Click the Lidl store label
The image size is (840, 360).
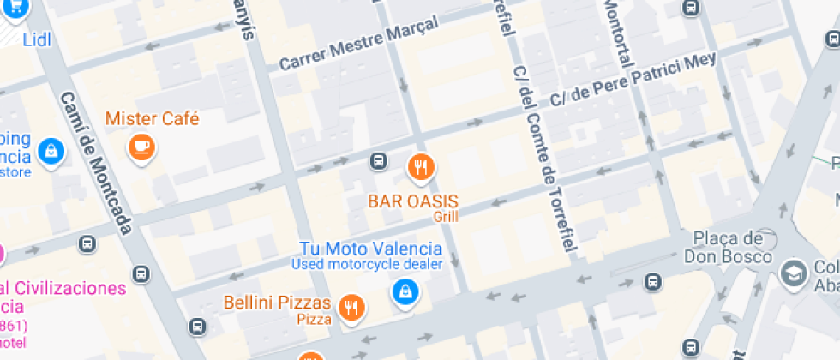click(x=37, y=39)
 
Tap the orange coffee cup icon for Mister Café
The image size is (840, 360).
click(x=141, y=147)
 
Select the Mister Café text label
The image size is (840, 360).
click(x=152, y=118)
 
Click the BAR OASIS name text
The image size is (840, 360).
click(x=413, y=201)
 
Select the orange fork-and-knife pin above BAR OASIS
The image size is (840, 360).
click(x=420, y=167)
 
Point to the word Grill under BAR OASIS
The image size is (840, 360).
click(x=446, y=217)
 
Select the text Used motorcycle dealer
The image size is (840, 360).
click(x=366, y=264)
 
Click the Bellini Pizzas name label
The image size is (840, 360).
click(x=277, y=303)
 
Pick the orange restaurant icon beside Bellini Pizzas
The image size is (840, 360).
click(x=350, y=308)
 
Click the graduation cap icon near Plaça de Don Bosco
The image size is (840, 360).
click(x=794, y=273)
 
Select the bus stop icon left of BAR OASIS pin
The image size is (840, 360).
click(x=378, y=161)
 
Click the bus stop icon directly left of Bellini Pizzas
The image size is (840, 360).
click(x=197, y=327)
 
